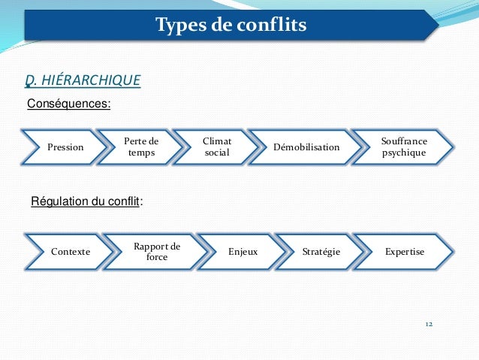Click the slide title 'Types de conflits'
pos(230,26)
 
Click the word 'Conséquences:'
pos(68,103)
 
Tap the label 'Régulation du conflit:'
pos(86,201)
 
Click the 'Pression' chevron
pos(65,147)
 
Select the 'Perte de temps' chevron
pos(141,147)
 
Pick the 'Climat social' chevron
pos(217,147)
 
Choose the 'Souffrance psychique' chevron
pos(404,147)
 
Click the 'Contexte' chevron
pos(70,252)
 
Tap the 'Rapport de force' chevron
pos(156,252)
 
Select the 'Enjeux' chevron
pos(243,252)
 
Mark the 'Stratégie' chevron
pos(321,252)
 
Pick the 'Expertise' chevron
pos(405,252)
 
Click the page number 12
pos(429,324)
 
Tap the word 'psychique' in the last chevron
pos(404,153)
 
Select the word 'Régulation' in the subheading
pos(57,201)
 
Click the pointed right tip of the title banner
pos(435,25)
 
